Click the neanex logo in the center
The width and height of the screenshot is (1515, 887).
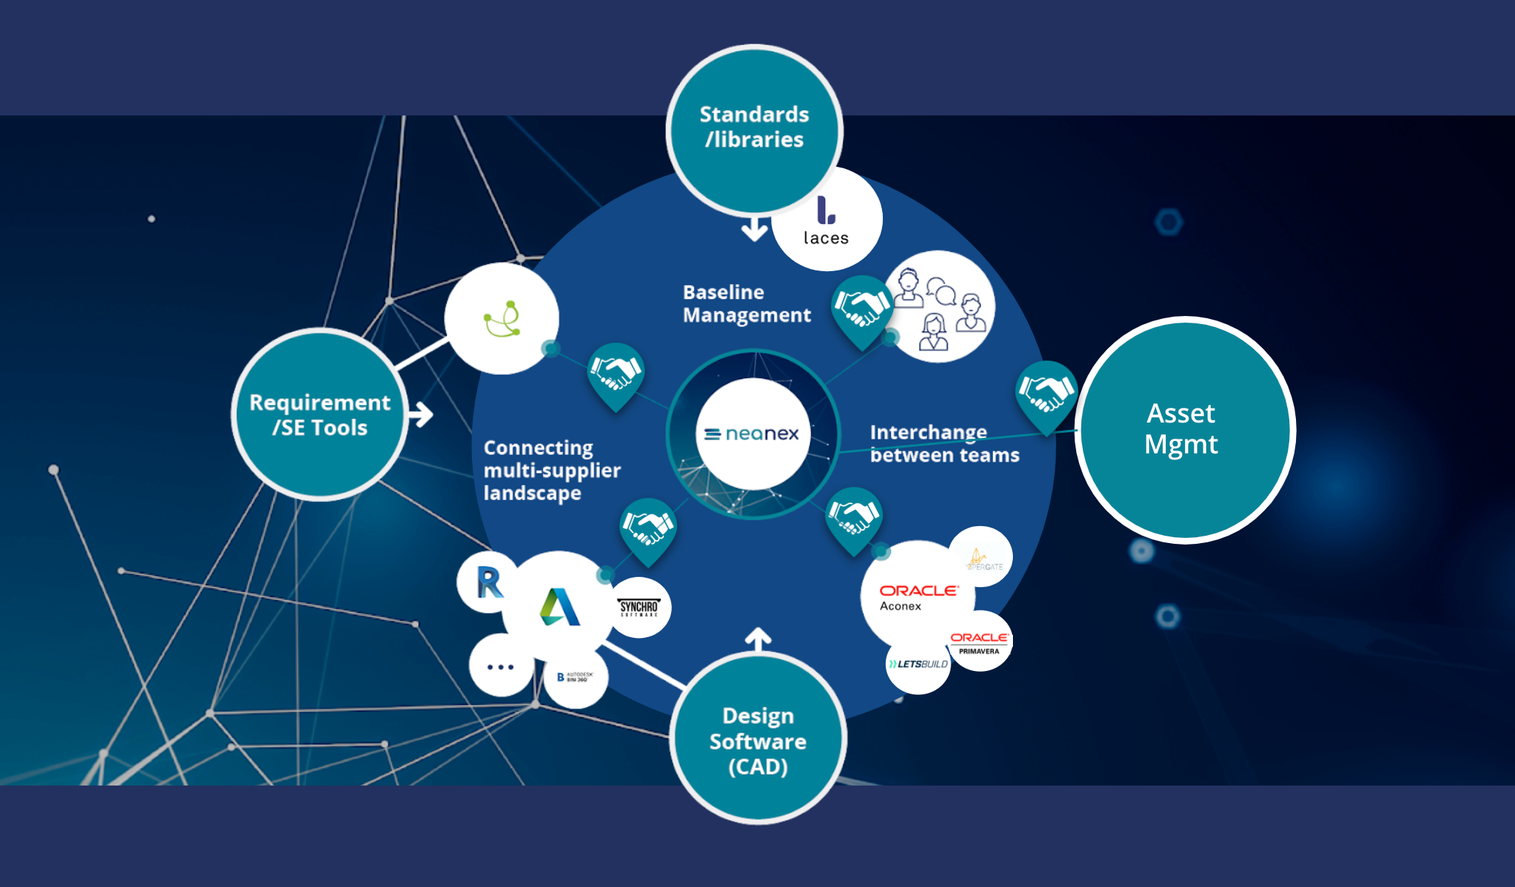(752, 434)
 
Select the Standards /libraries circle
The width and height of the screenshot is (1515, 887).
(754, 128)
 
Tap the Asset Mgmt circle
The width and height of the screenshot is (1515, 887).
(1183, 429)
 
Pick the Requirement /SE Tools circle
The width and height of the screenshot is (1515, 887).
(320, 414)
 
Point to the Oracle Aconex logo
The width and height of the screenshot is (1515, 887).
(917, 597)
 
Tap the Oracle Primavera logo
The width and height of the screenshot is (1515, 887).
(979, 642)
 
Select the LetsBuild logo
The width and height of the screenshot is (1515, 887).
(918, 664)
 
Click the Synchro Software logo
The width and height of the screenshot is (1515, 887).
(639, 608)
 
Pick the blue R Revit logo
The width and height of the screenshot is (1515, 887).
(489, 583)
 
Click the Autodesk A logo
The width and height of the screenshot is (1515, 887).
(560, 607)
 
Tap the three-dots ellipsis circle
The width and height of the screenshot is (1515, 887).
(501, 667)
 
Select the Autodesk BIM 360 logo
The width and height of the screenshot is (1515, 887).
(575, 677)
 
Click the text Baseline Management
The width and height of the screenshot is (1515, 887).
(746, 304)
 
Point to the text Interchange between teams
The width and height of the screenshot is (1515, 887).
(944, 443)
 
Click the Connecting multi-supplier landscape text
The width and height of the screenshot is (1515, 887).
(552, 470)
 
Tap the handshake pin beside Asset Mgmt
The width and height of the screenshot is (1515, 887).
(1046, 392)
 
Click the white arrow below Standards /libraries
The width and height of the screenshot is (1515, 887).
(754, 229)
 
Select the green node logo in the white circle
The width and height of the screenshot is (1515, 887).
(503, 319)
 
